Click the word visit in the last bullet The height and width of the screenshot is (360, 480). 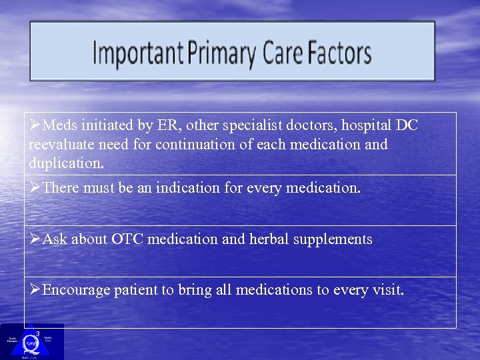388,291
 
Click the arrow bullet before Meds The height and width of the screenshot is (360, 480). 35,126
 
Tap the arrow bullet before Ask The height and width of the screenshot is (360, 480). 35,239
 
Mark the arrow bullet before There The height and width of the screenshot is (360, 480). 35,189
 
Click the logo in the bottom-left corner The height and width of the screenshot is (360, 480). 31,341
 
